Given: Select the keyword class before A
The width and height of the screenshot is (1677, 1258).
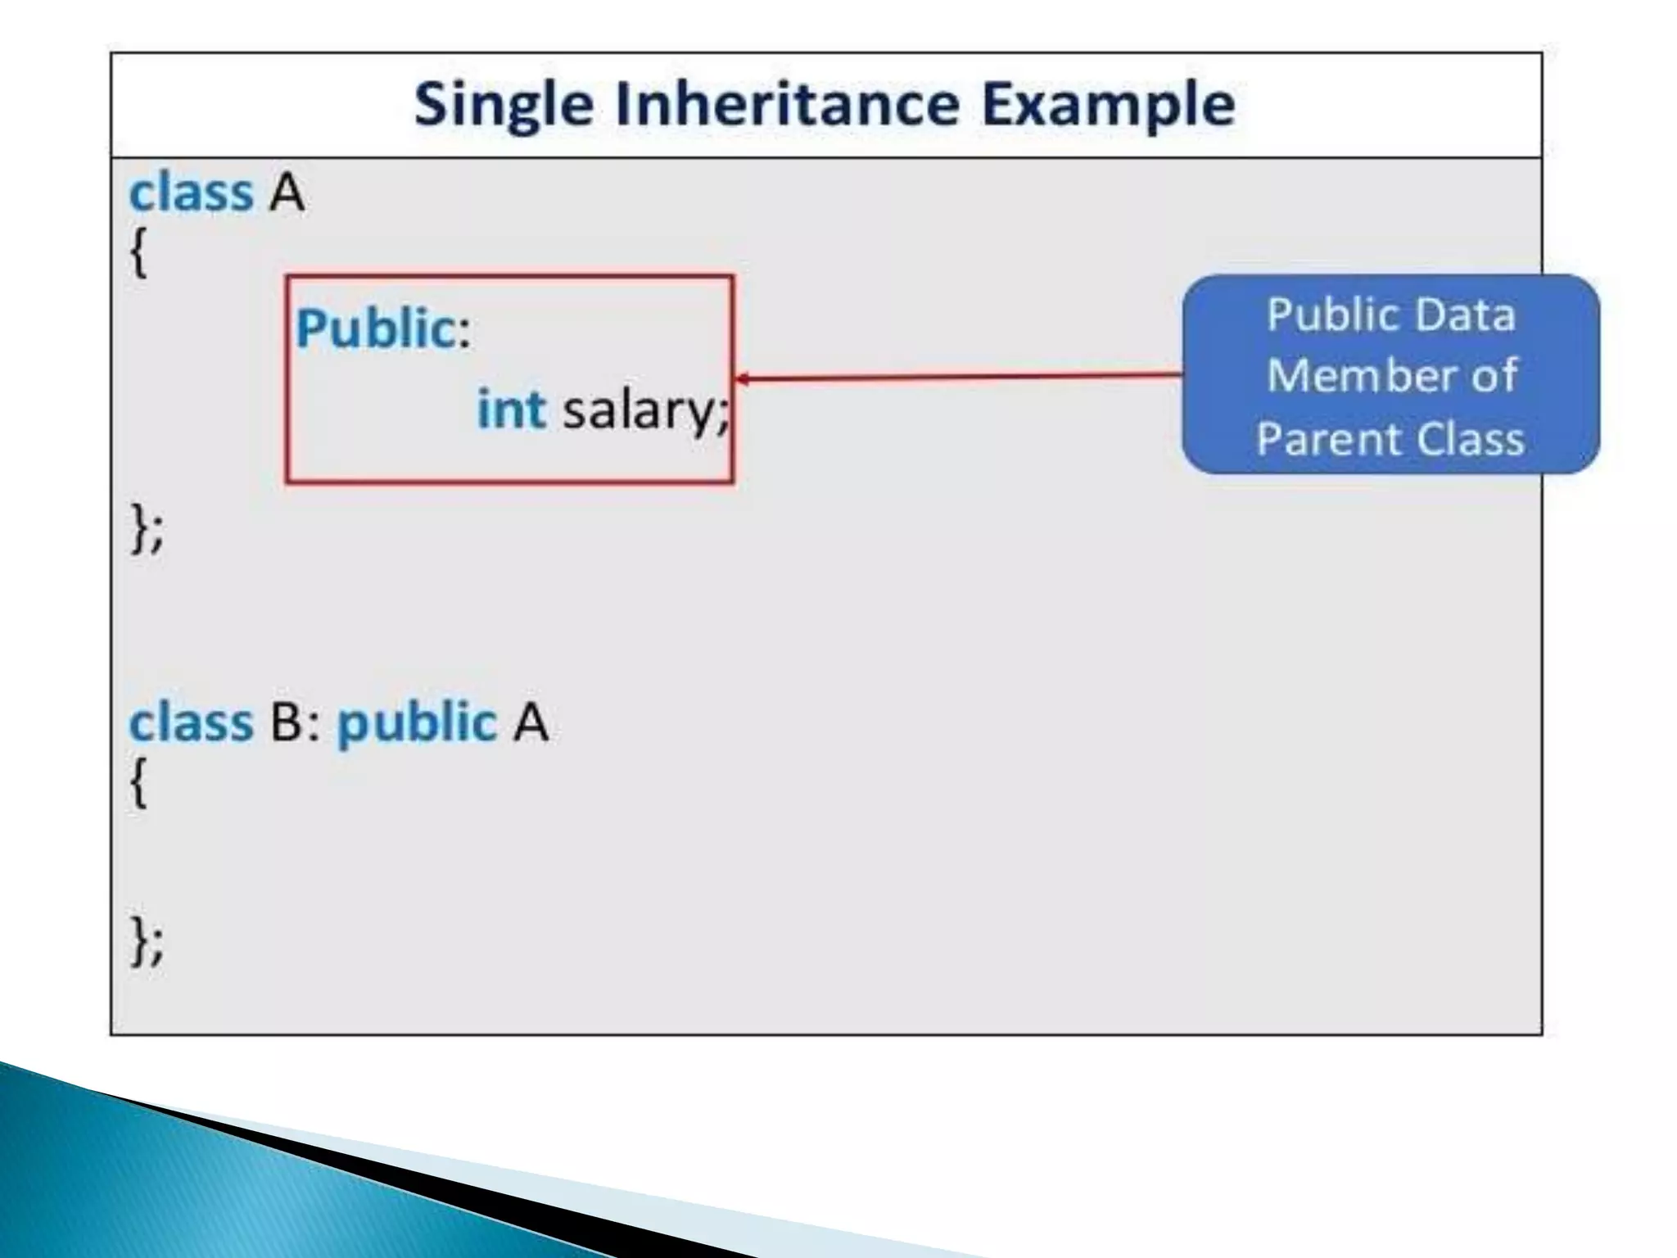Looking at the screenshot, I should [191, 193].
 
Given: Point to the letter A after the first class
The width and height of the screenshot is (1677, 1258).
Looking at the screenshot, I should [287, 194].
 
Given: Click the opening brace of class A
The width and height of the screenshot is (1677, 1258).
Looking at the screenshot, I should [139, 252].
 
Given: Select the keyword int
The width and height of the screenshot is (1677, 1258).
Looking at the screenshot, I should [511, 409].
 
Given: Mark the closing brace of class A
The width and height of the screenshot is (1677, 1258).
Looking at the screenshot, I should [140, 527].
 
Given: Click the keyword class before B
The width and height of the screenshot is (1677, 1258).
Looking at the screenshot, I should [191, 723].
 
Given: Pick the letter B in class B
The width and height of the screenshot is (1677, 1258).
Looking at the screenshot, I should [287, 723].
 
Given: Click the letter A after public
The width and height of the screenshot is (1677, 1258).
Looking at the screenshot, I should [531, 723].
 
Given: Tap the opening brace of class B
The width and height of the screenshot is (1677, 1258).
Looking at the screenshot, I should [139, 782].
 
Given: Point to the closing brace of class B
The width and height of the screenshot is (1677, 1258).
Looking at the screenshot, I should [140, 939].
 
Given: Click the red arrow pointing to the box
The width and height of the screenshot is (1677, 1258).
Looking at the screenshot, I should [958, 378].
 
